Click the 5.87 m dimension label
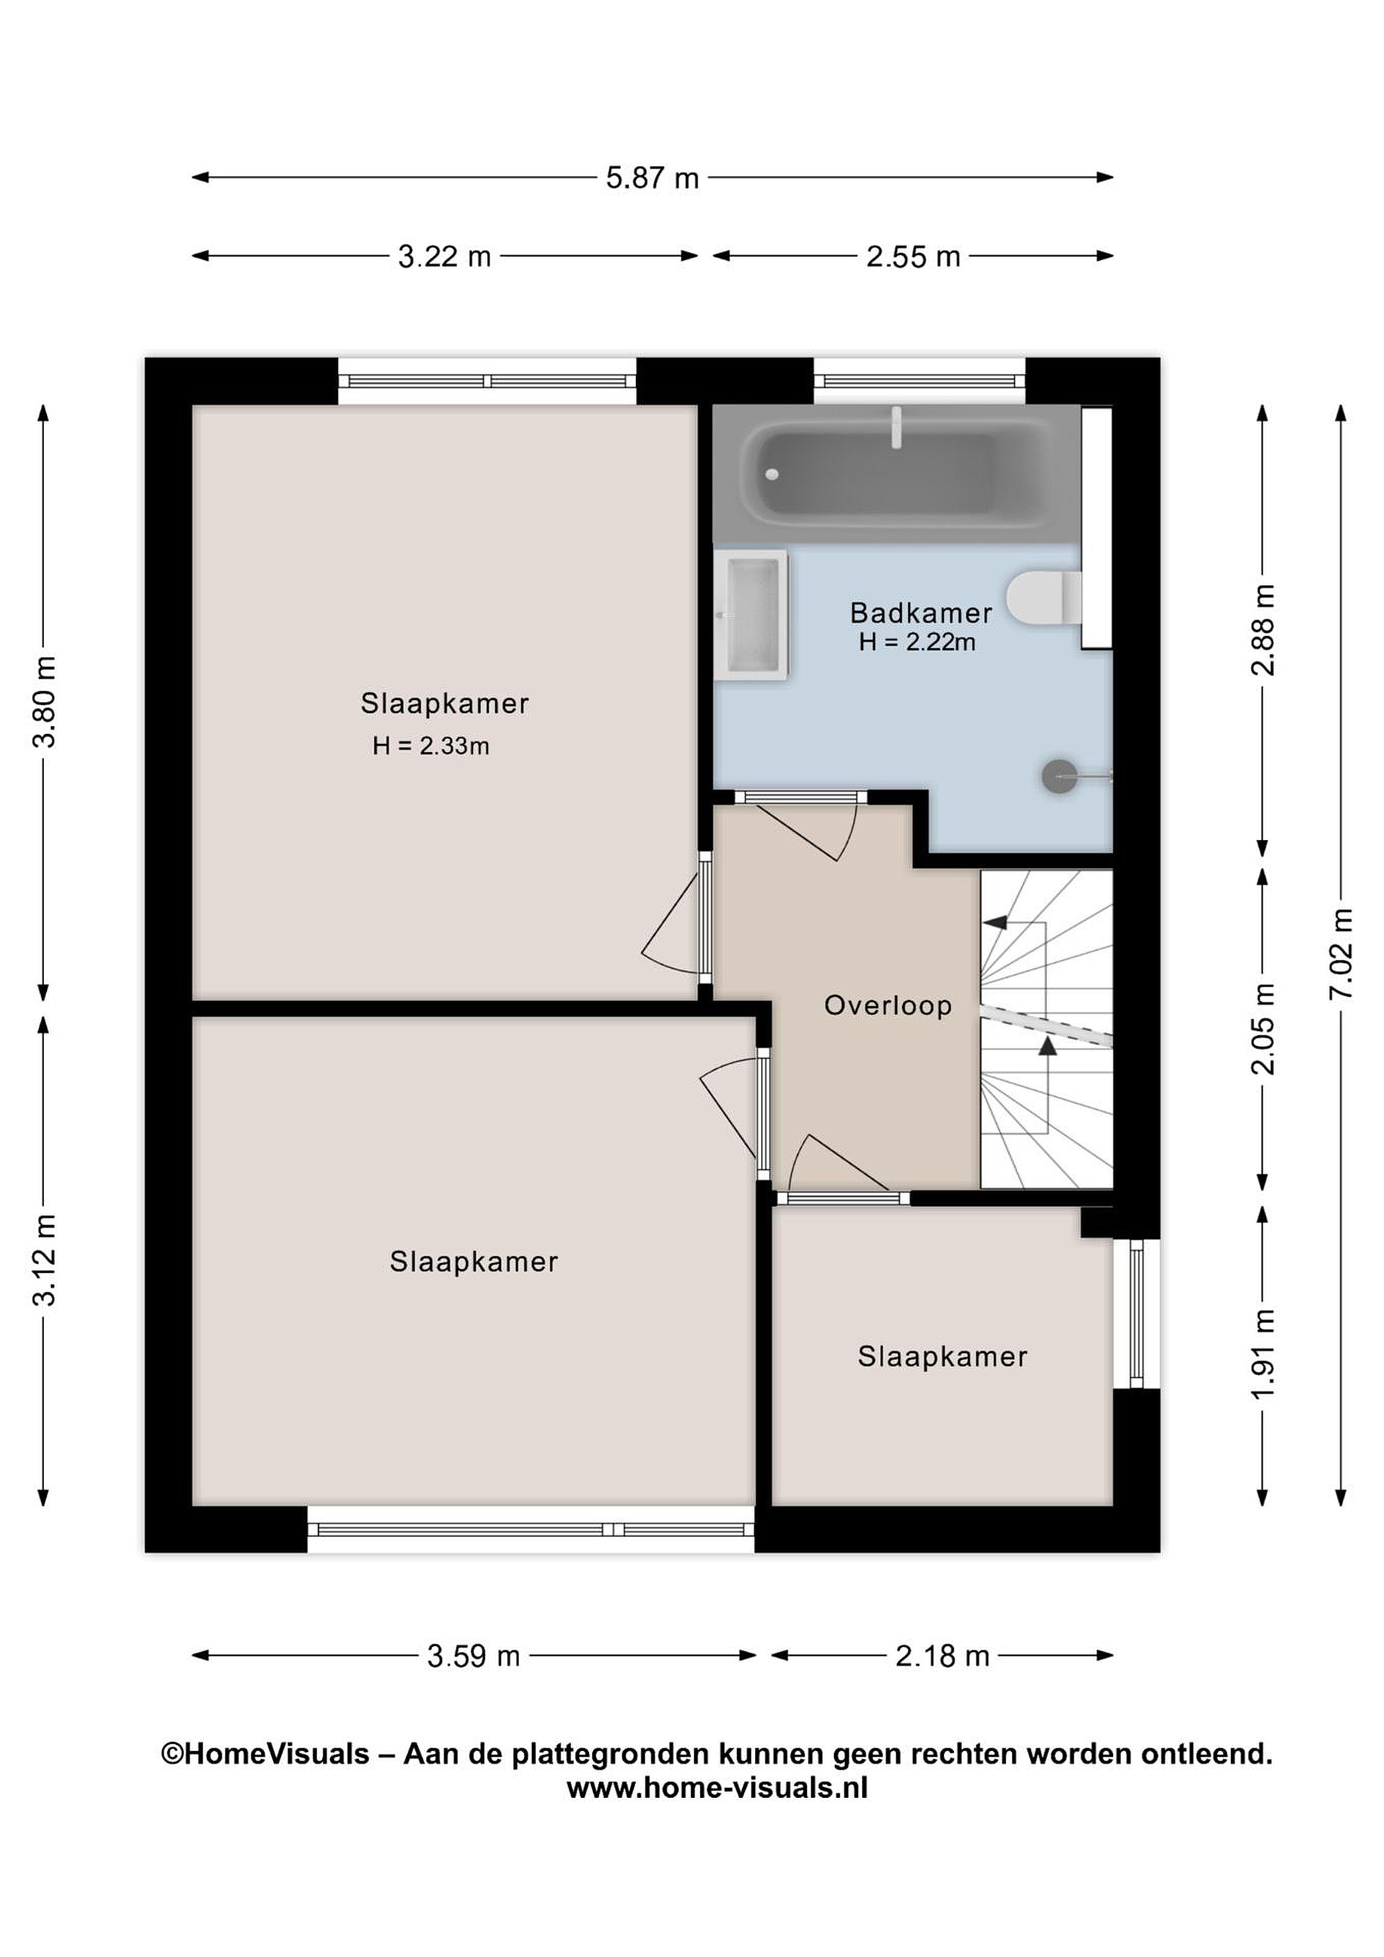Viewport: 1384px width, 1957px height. (652, 178)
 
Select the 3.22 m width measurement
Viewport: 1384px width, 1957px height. (445, 257)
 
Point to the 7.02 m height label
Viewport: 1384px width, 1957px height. (1341, 954)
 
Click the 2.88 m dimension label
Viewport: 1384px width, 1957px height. (1263, 630)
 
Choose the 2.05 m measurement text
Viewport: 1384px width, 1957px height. (1263, 1029)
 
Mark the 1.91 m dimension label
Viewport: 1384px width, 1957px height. (1263, 1353)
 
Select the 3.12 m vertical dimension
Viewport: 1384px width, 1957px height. (43, 1260)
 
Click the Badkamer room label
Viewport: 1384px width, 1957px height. (921, 613)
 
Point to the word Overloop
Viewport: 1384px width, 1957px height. (887, 1006)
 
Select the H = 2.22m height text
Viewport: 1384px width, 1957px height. (917, 642)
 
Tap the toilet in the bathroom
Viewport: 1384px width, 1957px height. (1044, 597)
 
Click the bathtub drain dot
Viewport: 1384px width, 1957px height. (772, 474)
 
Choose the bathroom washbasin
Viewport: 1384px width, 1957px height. (751, 614)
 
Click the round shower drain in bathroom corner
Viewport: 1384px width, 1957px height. (1059, 777)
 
